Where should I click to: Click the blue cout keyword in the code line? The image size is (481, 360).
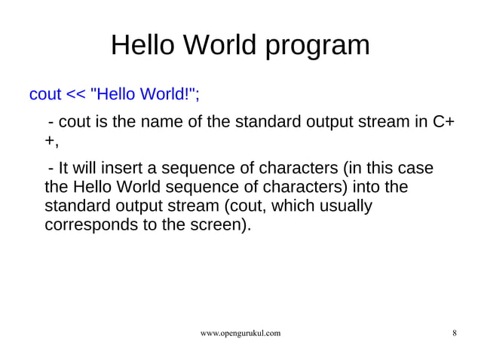pyautogui.click(x=44, y=95)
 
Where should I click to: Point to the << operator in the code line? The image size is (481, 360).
pyautogui.click(x=75, y=95)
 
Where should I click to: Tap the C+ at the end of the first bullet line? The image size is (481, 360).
pyautogui.click(x=442, y=122)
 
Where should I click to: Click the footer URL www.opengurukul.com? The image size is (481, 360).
pyautogui.click(x=240, y=332)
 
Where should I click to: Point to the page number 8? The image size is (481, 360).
pyautogui.click(x=454, y=332)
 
